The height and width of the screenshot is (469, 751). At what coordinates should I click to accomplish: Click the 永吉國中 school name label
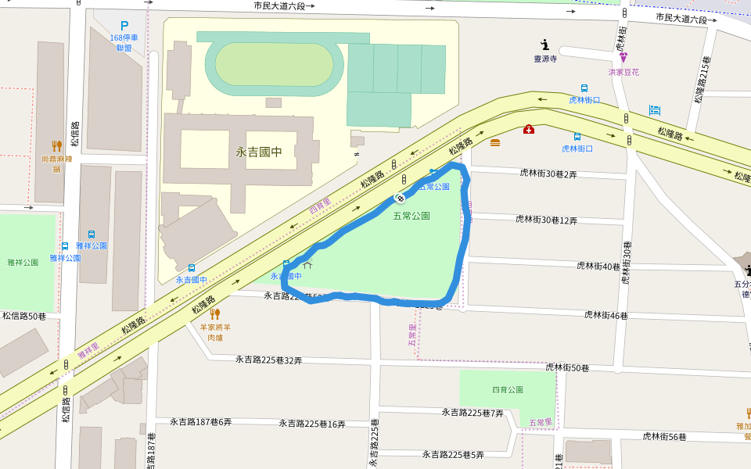[x=258, y=152]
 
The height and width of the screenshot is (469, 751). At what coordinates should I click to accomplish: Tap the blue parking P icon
[x=124, y=26]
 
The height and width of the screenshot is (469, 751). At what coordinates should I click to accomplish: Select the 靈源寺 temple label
[x=545, y=59]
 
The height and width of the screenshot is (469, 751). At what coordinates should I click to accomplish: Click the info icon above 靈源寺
[x=545, y=45]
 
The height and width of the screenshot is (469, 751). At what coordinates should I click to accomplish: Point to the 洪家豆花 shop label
[x=623, y=71]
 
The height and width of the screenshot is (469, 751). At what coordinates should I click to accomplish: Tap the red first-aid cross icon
[x=529, y=129]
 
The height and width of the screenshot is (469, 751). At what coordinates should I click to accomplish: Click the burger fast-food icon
[x=495, y=142]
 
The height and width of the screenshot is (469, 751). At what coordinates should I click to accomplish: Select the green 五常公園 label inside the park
[x=411, y=216]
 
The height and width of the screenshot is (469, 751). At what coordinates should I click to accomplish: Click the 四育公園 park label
[x=507, y=389]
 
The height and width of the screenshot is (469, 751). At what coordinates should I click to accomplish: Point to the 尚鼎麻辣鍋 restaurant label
[x=56, y=163]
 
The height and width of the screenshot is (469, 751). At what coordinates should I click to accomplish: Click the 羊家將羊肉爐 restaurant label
[x=214, y=333]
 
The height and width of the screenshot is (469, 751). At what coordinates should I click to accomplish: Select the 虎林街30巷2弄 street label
[x=548, y=174]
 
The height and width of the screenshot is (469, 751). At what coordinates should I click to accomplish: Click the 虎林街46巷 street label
[x=606, y=315]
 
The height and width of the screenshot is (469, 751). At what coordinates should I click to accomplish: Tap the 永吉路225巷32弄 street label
[x=269, y=360]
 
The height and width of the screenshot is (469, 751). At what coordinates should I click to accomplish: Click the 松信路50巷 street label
[x=23, y=316]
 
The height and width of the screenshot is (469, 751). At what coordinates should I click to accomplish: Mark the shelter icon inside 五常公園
[x=307, y=264]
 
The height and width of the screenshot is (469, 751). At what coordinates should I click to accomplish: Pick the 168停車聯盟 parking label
[x=124, y=42]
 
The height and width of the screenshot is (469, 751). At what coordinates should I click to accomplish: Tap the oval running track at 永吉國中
[x=274, y=65]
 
